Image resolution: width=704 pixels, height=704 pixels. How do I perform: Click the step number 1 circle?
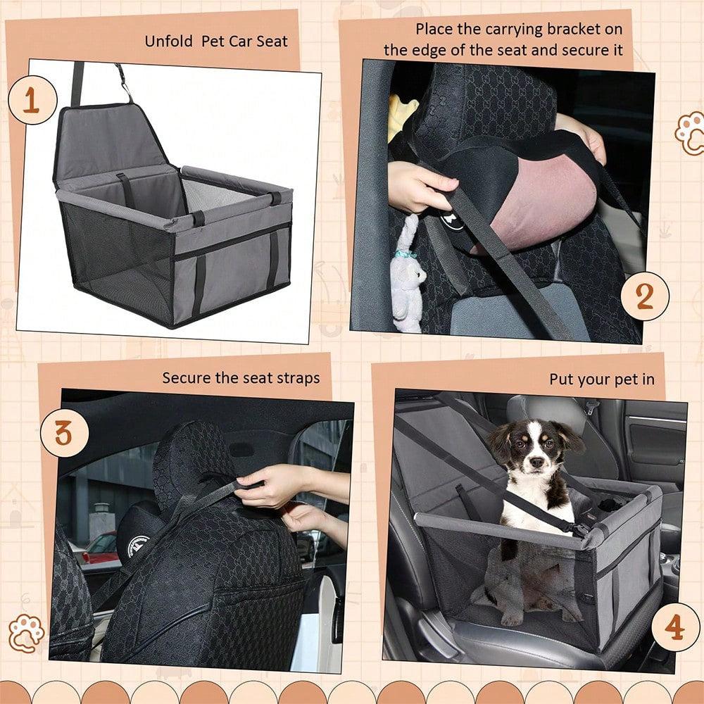coord(32,100)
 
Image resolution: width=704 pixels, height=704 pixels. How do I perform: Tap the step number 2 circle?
coord(645,296)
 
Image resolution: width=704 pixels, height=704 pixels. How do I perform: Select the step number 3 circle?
coord(64,433)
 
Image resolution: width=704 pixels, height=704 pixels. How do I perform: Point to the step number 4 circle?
coord(675,627)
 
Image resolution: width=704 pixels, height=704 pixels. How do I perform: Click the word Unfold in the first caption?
coord(168,42)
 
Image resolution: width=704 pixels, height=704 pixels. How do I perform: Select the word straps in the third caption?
coord(298,379)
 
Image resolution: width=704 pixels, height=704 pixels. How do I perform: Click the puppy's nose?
coord(535,462)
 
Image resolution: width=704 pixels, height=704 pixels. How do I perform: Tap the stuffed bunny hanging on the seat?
coord(406,274)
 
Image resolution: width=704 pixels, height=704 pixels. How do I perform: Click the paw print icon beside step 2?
coord(690,133)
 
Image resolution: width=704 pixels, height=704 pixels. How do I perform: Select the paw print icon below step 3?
coord(26,633)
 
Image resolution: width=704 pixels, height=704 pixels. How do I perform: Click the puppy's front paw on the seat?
coord(512,619)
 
